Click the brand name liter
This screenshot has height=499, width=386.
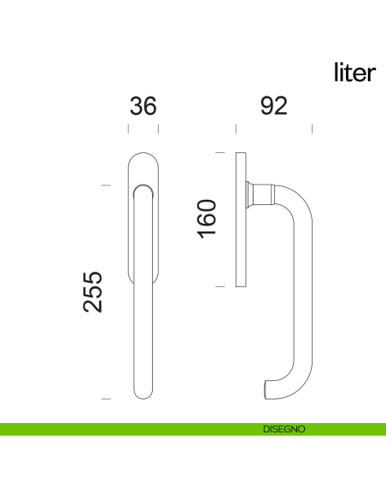click(354, 73)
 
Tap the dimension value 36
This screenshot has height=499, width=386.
click(143, 106)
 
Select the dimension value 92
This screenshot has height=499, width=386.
click(273, 106)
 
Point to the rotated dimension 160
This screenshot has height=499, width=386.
click(208, 220)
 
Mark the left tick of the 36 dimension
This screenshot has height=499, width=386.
click(128, 129)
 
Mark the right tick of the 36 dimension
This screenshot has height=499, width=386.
click(159, 129)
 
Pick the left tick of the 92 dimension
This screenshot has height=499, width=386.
click(236, 129)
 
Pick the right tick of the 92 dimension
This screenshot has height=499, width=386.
click(313, 129)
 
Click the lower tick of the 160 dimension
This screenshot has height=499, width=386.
click(219, 287)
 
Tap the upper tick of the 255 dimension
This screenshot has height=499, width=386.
click(106, 184)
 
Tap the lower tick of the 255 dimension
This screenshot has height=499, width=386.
click(106, 398)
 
